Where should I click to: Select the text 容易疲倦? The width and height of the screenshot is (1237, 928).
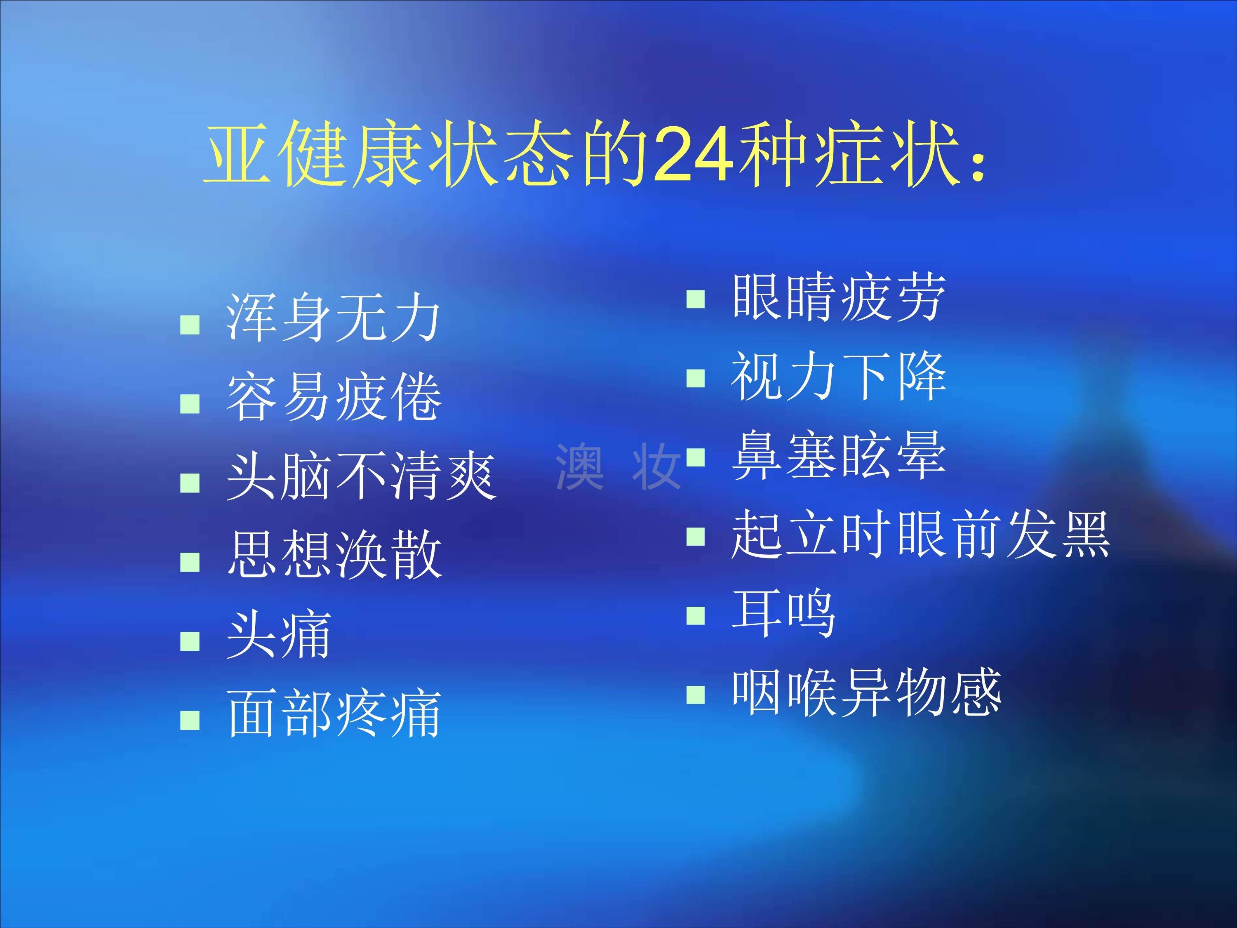click(x=334, y=397)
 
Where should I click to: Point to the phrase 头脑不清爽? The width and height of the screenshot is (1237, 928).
click(x=361, y=476)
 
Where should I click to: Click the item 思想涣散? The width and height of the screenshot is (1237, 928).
click(x=334, y=555)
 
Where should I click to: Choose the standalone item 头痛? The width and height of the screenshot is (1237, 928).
click(x=278, y=634)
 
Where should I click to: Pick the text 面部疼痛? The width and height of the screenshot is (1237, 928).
click(x=334, y=713)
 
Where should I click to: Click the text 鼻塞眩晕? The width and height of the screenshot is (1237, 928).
click(x=839, y=455)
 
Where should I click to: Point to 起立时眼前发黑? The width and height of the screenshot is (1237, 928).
click(x=920, y=534)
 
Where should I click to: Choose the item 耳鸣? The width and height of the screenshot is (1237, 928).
click(x=783, y=614)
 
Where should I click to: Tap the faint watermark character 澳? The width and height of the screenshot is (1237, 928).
click(x=580, y=466)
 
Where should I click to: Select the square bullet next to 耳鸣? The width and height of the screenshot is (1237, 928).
click(x=696, y=615)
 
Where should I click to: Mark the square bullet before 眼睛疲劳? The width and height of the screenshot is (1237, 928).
click(x=696, y=299)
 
